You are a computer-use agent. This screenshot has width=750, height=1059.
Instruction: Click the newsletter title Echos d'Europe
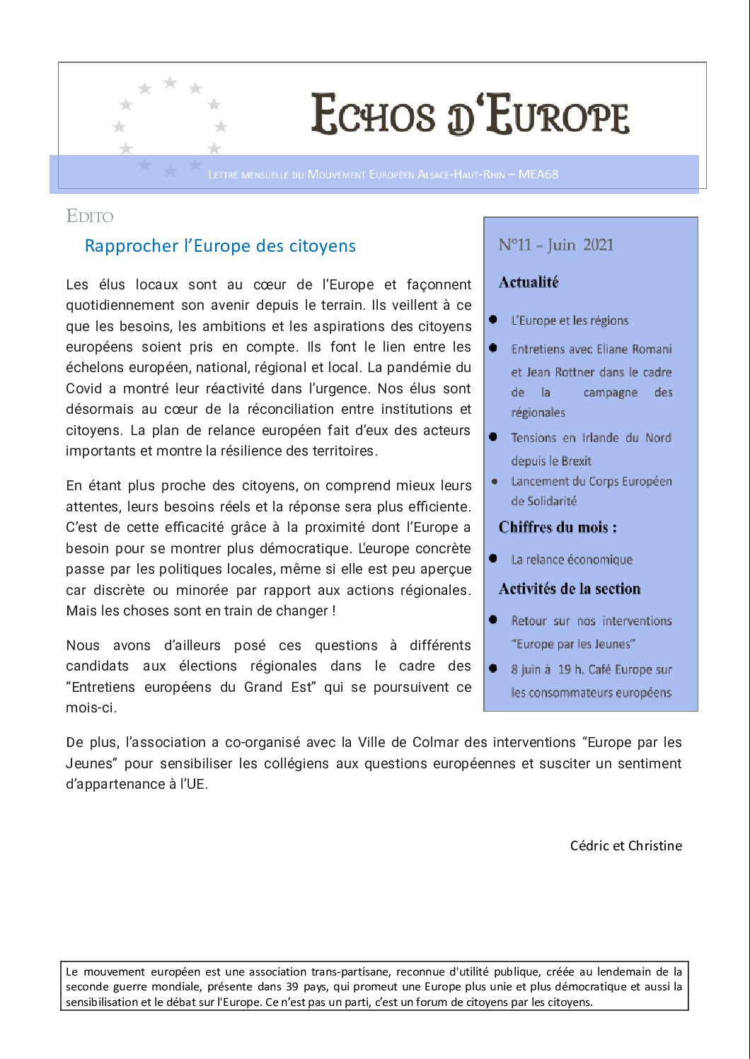click(470, 115)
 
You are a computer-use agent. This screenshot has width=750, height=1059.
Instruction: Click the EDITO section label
click(90, 216)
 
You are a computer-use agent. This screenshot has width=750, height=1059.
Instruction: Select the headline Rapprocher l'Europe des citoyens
click(220, 246)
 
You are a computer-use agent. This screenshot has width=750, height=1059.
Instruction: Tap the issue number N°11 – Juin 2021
click(556, 245)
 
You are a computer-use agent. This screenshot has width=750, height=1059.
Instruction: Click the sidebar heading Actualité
click(529, 282)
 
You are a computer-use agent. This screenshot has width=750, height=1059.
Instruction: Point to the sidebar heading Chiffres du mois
click(558, 527)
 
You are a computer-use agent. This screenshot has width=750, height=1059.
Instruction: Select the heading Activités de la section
click(570, 589)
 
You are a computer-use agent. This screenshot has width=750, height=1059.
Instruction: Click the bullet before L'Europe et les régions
click(493, 320)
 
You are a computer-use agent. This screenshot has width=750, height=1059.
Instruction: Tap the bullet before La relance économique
click(493, 559)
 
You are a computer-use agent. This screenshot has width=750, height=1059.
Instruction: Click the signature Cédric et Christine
click(626, 845)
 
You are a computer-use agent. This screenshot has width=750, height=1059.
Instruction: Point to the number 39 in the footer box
click(293, 987)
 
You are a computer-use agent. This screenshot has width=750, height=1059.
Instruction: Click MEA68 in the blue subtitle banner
click(538, 174)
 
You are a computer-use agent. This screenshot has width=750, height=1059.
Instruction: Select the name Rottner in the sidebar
click(575, 372)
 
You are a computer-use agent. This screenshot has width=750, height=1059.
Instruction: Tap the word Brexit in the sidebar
click(572, 461)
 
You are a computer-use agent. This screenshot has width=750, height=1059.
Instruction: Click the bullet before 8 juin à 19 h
click(493, 669)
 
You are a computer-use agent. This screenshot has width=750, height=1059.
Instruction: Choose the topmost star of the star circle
click(170, 83)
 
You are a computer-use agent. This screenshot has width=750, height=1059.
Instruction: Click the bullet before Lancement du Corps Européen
click(495, 482)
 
